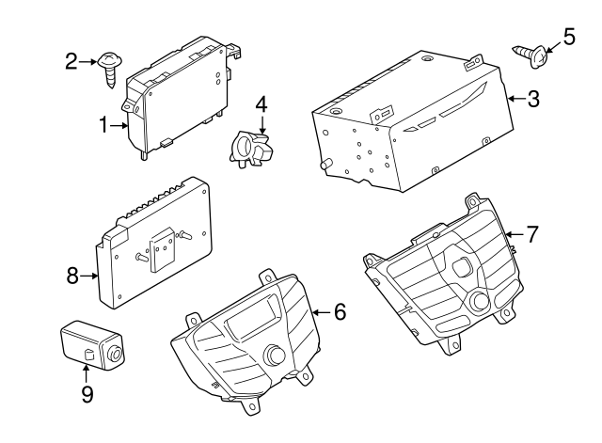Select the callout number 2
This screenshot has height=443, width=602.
tap(71, 62)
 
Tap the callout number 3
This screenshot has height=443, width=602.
tap(532, 99)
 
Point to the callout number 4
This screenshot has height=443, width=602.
tap(261, 103)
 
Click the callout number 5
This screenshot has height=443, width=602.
tap(567, 37)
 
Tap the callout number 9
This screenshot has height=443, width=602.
tap(87, 394)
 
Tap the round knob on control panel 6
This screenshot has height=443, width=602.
tap(276, 356)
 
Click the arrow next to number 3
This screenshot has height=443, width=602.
tap(513, 99)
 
